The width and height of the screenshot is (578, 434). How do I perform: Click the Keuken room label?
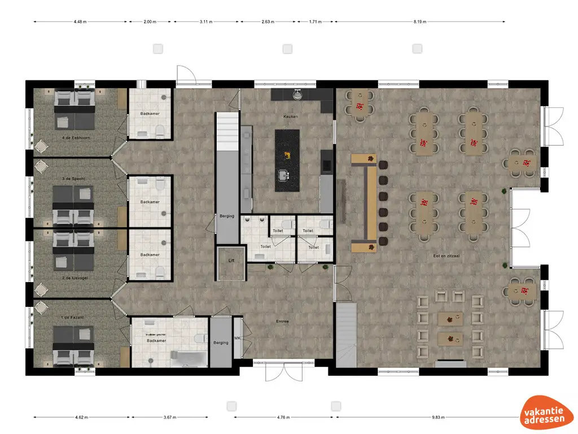click(x=291, y=116)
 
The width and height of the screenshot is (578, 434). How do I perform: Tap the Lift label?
click(x=230, y=261)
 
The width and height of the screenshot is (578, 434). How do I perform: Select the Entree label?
click(x=282, y=322)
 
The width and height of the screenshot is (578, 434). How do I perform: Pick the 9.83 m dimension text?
click(x=438, y=418)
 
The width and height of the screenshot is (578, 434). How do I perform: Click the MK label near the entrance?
click(x=237, y=339)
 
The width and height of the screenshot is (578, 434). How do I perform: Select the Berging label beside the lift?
click(x=227, y=216)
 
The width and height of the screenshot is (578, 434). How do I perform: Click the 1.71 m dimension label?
click(x=315, y=22)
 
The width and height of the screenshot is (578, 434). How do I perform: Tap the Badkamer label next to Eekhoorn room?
click(x=150, y=114)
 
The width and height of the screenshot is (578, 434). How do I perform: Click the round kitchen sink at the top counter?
click(x=297, y=93)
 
